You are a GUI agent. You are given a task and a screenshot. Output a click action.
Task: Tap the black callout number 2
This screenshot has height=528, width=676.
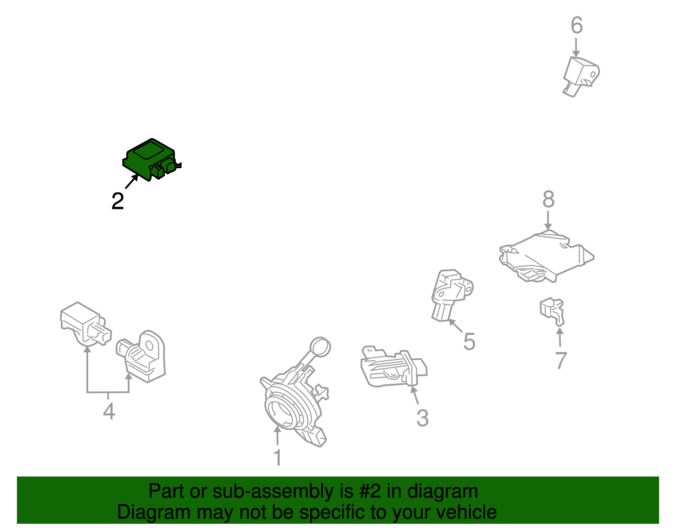(x=118, y=201)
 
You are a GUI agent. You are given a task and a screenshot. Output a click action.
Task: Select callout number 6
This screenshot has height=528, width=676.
(x=576, y=25)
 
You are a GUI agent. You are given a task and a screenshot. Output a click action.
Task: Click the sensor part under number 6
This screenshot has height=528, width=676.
(x=581, y=77)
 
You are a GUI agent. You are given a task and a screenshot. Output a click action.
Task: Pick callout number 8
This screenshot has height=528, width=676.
(x=548, y=199)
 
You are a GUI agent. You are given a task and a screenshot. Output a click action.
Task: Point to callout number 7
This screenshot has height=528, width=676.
(x=561, y=360)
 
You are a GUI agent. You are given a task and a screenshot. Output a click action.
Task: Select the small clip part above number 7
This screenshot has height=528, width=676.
(x=553, y=312)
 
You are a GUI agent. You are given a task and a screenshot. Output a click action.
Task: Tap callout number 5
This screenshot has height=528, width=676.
(x=469, y=342)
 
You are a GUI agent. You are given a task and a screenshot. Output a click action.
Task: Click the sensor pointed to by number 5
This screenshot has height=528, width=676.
(x=452, y=295)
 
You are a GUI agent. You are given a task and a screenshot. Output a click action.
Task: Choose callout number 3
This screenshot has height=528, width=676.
(x=423, y=418)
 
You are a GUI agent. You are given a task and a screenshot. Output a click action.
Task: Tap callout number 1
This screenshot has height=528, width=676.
(x=278, y=457)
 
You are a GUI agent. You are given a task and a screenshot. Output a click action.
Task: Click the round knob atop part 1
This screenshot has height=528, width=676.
(x=320, y=347)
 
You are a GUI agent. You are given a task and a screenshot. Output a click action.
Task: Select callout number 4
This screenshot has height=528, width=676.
(x=109, y=411)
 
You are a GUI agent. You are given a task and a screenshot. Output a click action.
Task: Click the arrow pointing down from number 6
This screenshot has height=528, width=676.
(x=576, y=48)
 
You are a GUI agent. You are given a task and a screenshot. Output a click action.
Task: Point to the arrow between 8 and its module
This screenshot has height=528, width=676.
(x=548, y=221)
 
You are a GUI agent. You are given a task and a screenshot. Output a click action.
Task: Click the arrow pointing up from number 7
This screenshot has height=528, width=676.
(x=560, y=337)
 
